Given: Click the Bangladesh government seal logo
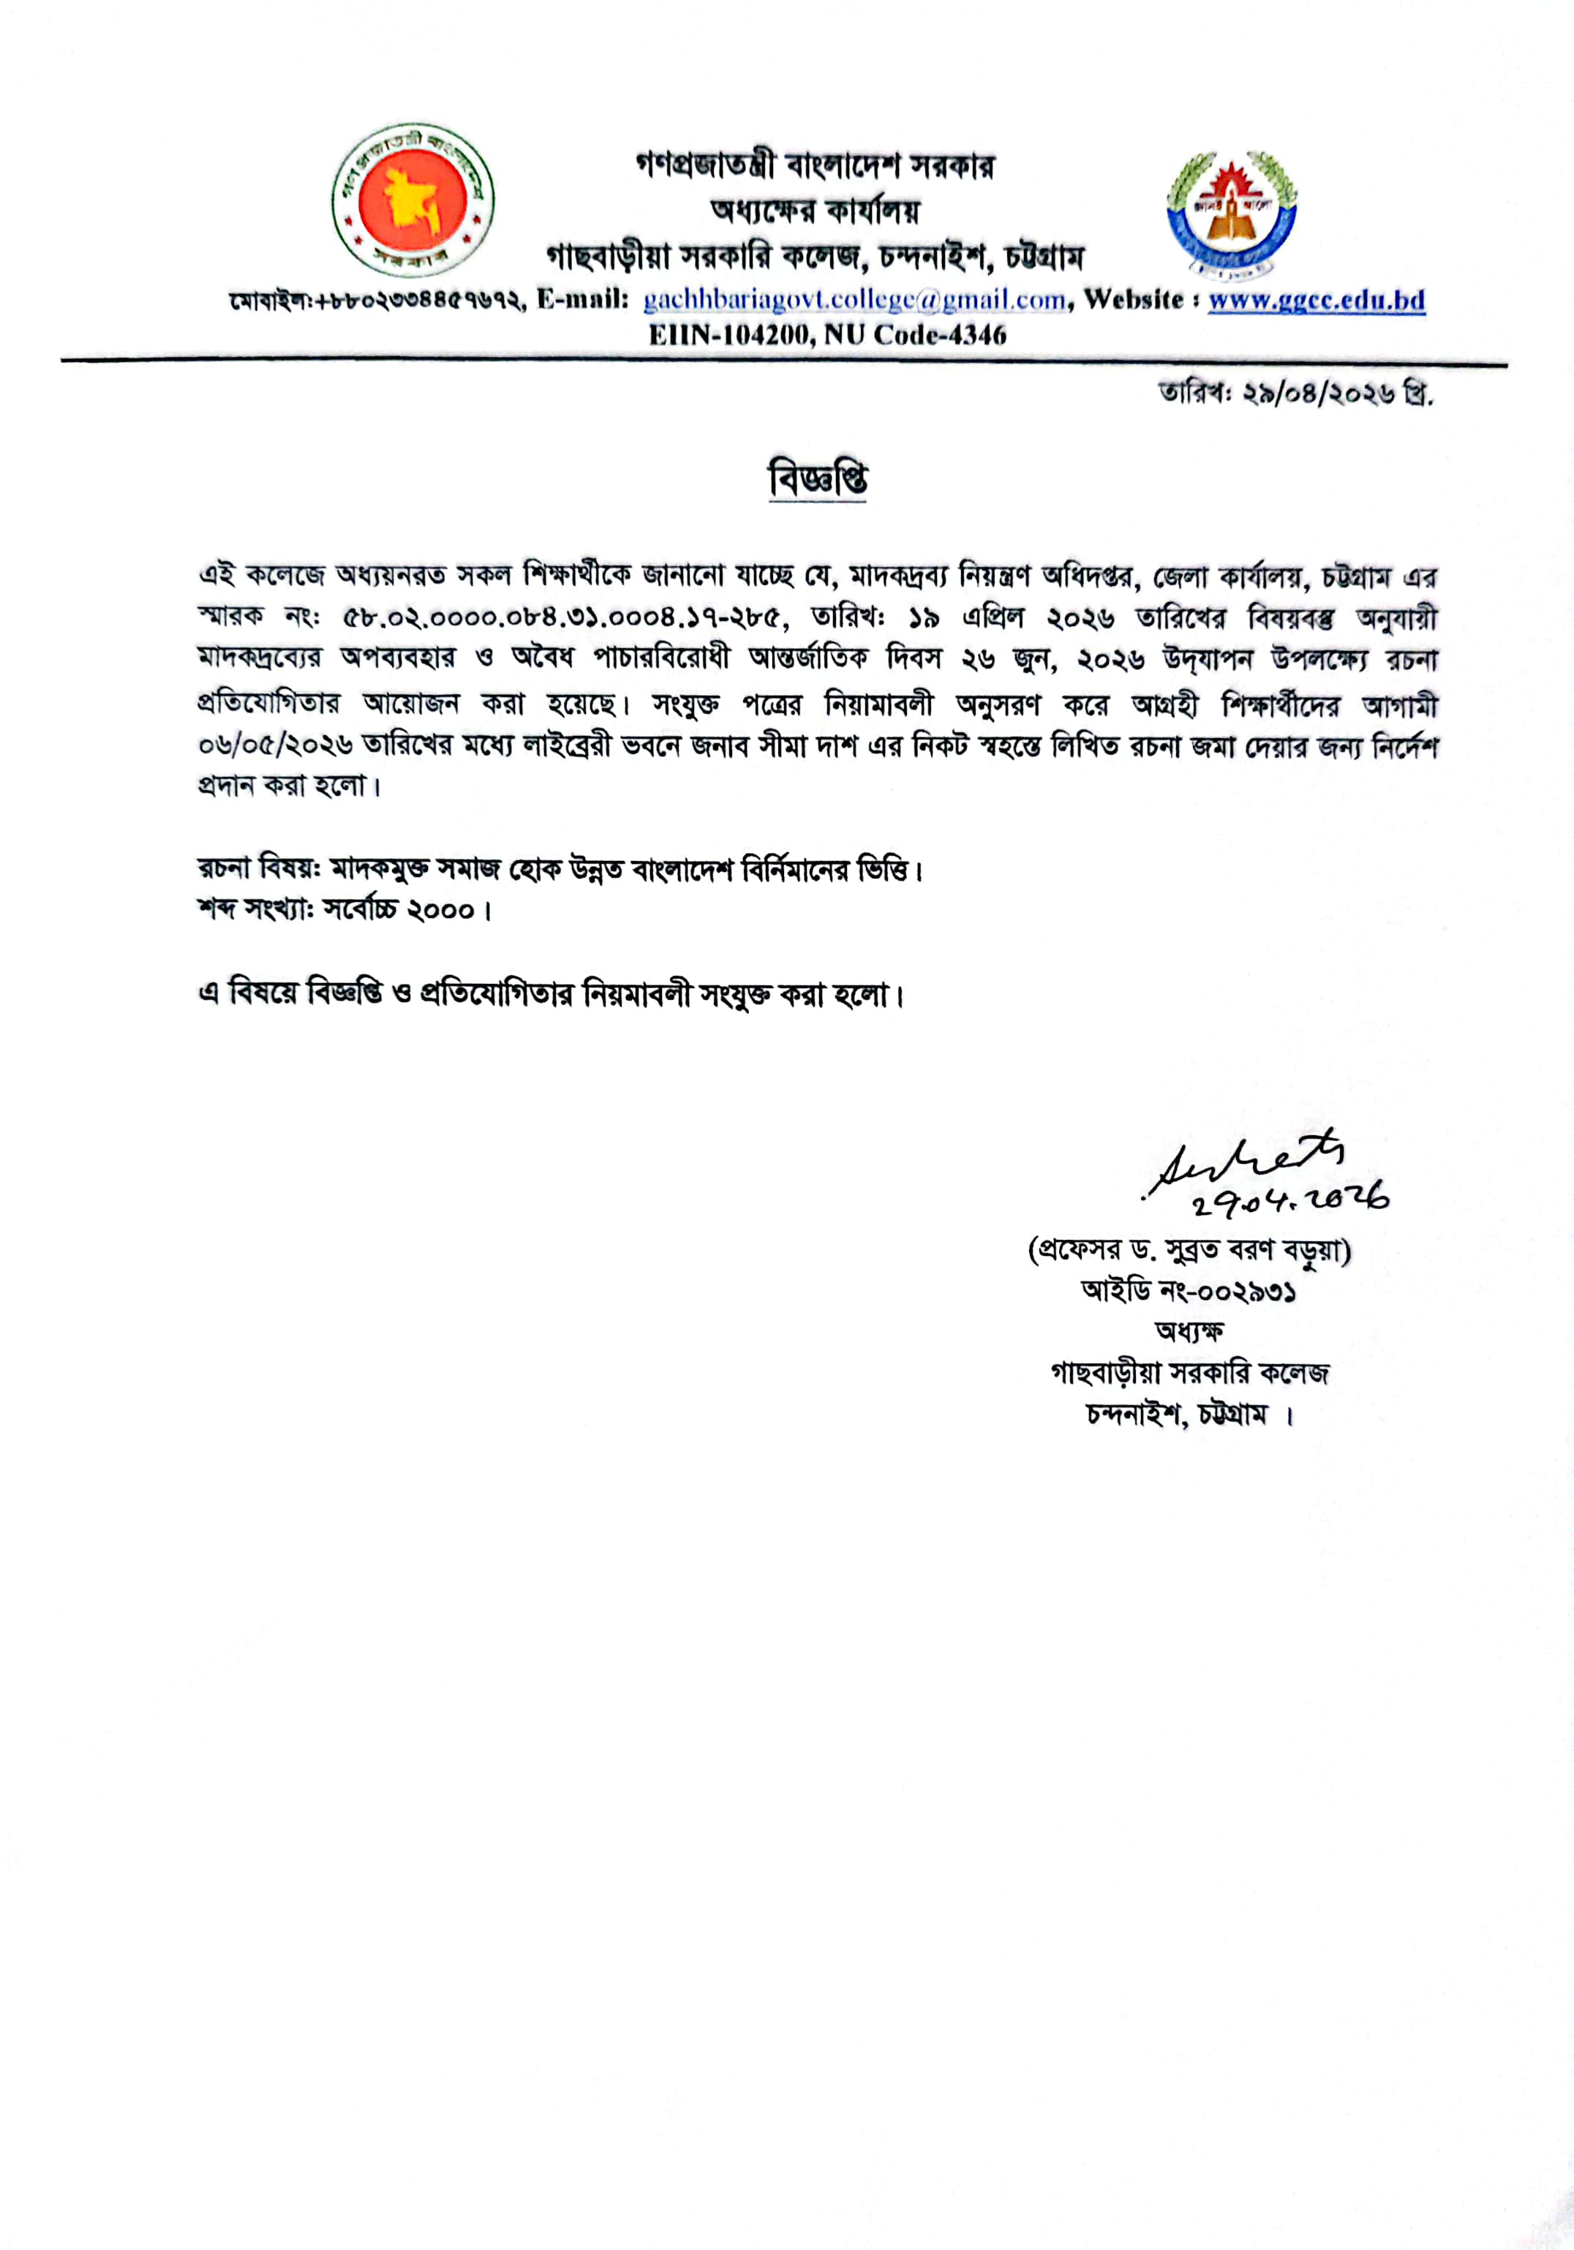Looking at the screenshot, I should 413,201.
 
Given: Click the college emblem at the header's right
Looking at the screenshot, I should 1232,211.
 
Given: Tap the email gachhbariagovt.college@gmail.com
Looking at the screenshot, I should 854,300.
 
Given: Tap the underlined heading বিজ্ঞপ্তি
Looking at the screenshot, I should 818,480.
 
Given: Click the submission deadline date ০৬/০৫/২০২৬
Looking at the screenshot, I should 276,746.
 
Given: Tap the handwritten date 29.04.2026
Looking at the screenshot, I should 1291,1200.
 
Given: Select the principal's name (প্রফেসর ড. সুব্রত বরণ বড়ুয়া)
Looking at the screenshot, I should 1189,1252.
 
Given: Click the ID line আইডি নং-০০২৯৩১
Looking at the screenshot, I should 1189,1292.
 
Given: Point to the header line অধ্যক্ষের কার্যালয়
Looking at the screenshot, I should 816,211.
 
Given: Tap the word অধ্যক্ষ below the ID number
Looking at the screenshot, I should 1189,1332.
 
